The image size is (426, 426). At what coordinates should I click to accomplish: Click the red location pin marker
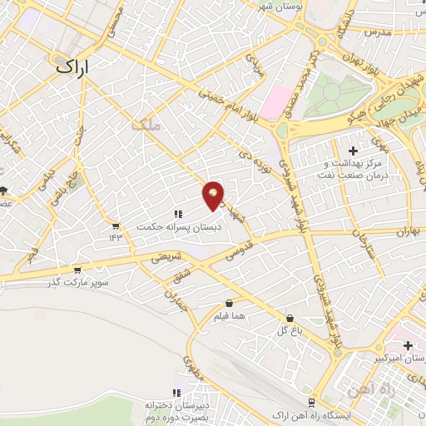coord(214,195)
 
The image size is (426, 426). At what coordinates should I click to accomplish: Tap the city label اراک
coord(74,67)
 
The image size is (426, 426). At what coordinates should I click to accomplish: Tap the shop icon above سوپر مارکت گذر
coord(77,270)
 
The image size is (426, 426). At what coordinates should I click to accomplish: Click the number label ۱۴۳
coord(115,238)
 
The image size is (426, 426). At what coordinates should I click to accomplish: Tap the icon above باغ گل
coord(289,318)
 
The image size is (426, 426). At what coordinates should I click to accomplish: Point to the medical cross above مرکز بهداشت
coord(353,151)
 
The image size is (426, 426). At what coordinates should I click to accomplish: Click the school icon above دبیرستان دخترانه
coord(176,393)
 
